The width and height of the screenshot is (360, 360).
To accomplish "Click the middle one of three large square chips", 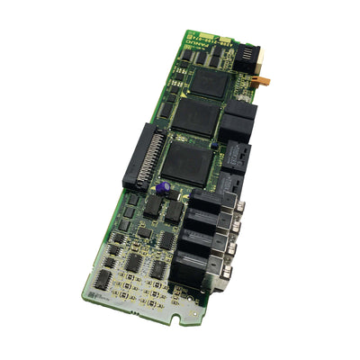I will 200,117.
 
